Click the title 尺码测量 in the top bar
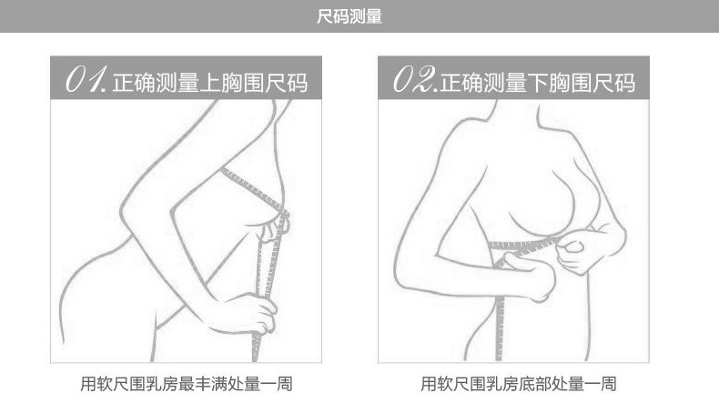tap(359, 16)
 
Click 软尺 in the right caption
tap(447, 384)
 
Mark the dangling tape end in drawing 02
tap(500, 346)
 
